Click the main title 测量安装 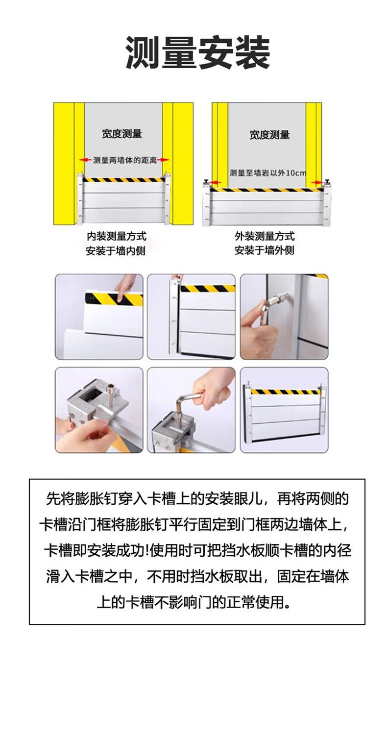(x=197, y=53)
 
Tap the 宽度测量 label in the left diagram (x=122, y=134)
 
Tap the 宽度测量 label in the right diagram (x=269, y=135)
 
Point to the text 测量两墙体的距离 (x=124, y=160)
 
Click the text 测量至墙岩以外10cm (x=268, y=172)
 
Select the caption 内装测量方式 (x=116, y=236)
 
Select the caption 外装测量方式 (x=265, y=236)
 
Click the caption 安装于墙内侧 (x=116, y=251)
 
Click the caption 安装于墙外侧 (x=264, y=250)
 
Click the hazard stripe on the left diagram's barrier (x=124, y=180)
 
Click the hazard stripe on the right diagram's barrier (x=267, y=190)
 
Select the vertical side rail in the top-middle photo (x=173, y=317)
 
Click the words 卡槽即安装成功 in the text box (x=94, y=550)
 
